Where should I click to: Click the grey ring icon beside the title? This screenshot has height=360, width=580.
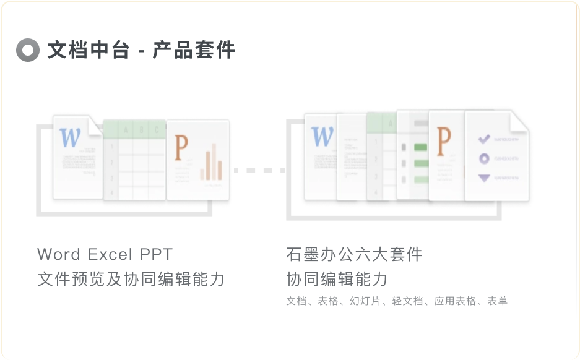(x=28, y=50)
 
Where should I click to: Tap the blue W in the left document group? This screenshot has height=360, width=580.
(x=70, y=137)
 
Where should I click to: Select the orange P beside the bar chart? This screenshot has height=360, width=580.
(x=181, y=148)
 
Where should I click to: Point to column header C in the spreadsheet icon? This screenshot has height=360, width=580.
(x=157, y=130)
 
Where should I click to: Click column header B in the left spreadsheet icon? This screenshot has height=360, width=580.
(x=142, y=130)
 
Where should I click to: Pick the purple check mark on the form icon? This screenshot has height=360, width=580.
(x=484, y=139)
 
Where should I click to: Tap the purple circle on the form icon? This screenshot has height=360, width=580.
(x=484, y=159)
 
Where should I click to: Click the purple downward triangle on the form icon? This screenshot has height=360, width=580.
(x=484, y=179)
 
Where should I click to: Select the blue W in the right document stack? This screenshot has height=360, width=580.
(x=322, y=137)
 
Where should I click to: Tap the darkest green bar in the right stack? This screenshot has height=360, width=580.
(x=421, y=147)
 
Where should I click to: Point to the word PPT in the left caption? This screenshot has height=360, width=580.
(x=157, y=254)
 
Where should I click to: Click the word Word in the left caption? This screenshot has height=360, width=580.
(x=59, y=254)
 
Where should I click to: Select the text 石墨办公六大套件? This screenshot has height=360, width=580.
(x=354, y=254)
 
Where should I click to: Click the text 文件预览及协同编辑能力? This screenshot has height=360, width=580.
(x=131, y=279)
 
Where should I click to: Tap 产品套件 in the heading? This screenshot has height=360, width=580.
(x=194, y=50)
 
